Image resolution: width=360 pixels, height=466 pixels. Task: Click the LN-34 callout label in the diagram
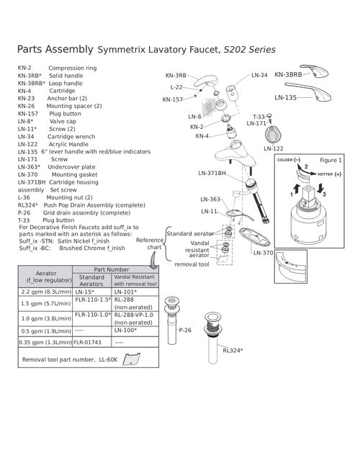(x=259, y=75)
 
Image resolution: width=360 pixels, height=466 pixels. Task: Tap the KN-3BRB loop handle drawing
(x=314, y=71)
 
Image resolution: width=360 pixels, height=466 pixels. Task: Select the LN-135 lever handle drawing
(x=308, y=91)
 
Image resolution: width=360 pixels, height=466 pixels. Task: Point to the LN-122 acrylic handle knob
(x=273, y=135)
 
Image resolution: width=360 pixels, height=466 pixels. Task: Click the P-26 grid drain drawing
(x=172, y=320)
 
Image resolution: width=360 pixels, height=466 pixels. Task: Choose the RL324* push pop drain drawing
(x=213, y=338)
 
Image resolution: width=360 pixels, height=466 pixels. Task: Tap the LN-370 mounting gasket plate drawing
(x=255, y=237)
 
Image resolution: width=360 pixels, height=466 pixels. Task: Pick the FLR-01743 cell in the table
(x=87, y=342)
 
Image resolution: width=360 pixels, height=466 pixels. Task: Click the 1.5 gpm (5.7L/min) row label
(x=46, y=303)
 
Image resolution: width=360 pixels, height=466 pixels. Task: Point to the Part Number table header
(x=112, y=269)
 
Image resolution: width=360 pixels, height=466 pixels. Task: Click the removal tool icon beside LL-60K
(x=131, y=359)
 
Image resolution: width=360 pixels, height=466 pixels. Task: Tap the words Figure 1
(x=330, y=160)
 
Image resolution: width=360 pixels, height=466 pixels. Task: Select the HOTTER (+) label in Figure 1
(x=330, y=174)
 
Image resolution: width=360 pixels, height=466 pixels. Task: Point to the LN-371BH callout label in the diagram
(x=212, y=173)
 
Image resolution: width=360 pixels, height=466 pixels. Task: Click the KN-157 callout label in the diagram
(x=173, y=99)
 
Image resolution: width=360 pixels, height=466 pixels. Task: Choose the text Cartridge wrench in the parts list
(x=71, y=137)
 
